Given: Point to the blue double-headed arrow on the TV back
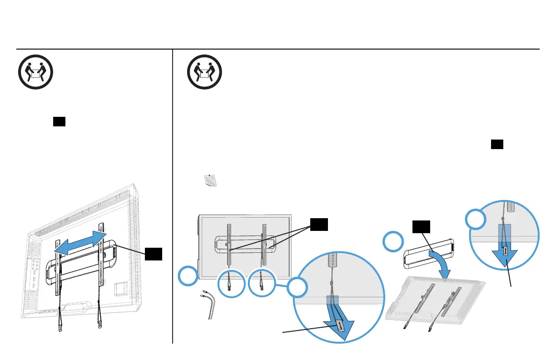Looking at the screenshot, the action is (x=80, y=242).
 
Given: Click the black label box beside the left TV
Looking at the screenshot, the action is (x=154, y=255).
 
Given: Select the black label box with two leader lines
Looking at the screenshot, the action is (x=319, y=224).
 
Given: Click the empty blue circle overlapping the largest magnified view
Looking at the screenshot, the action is (x=297, y=289).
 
